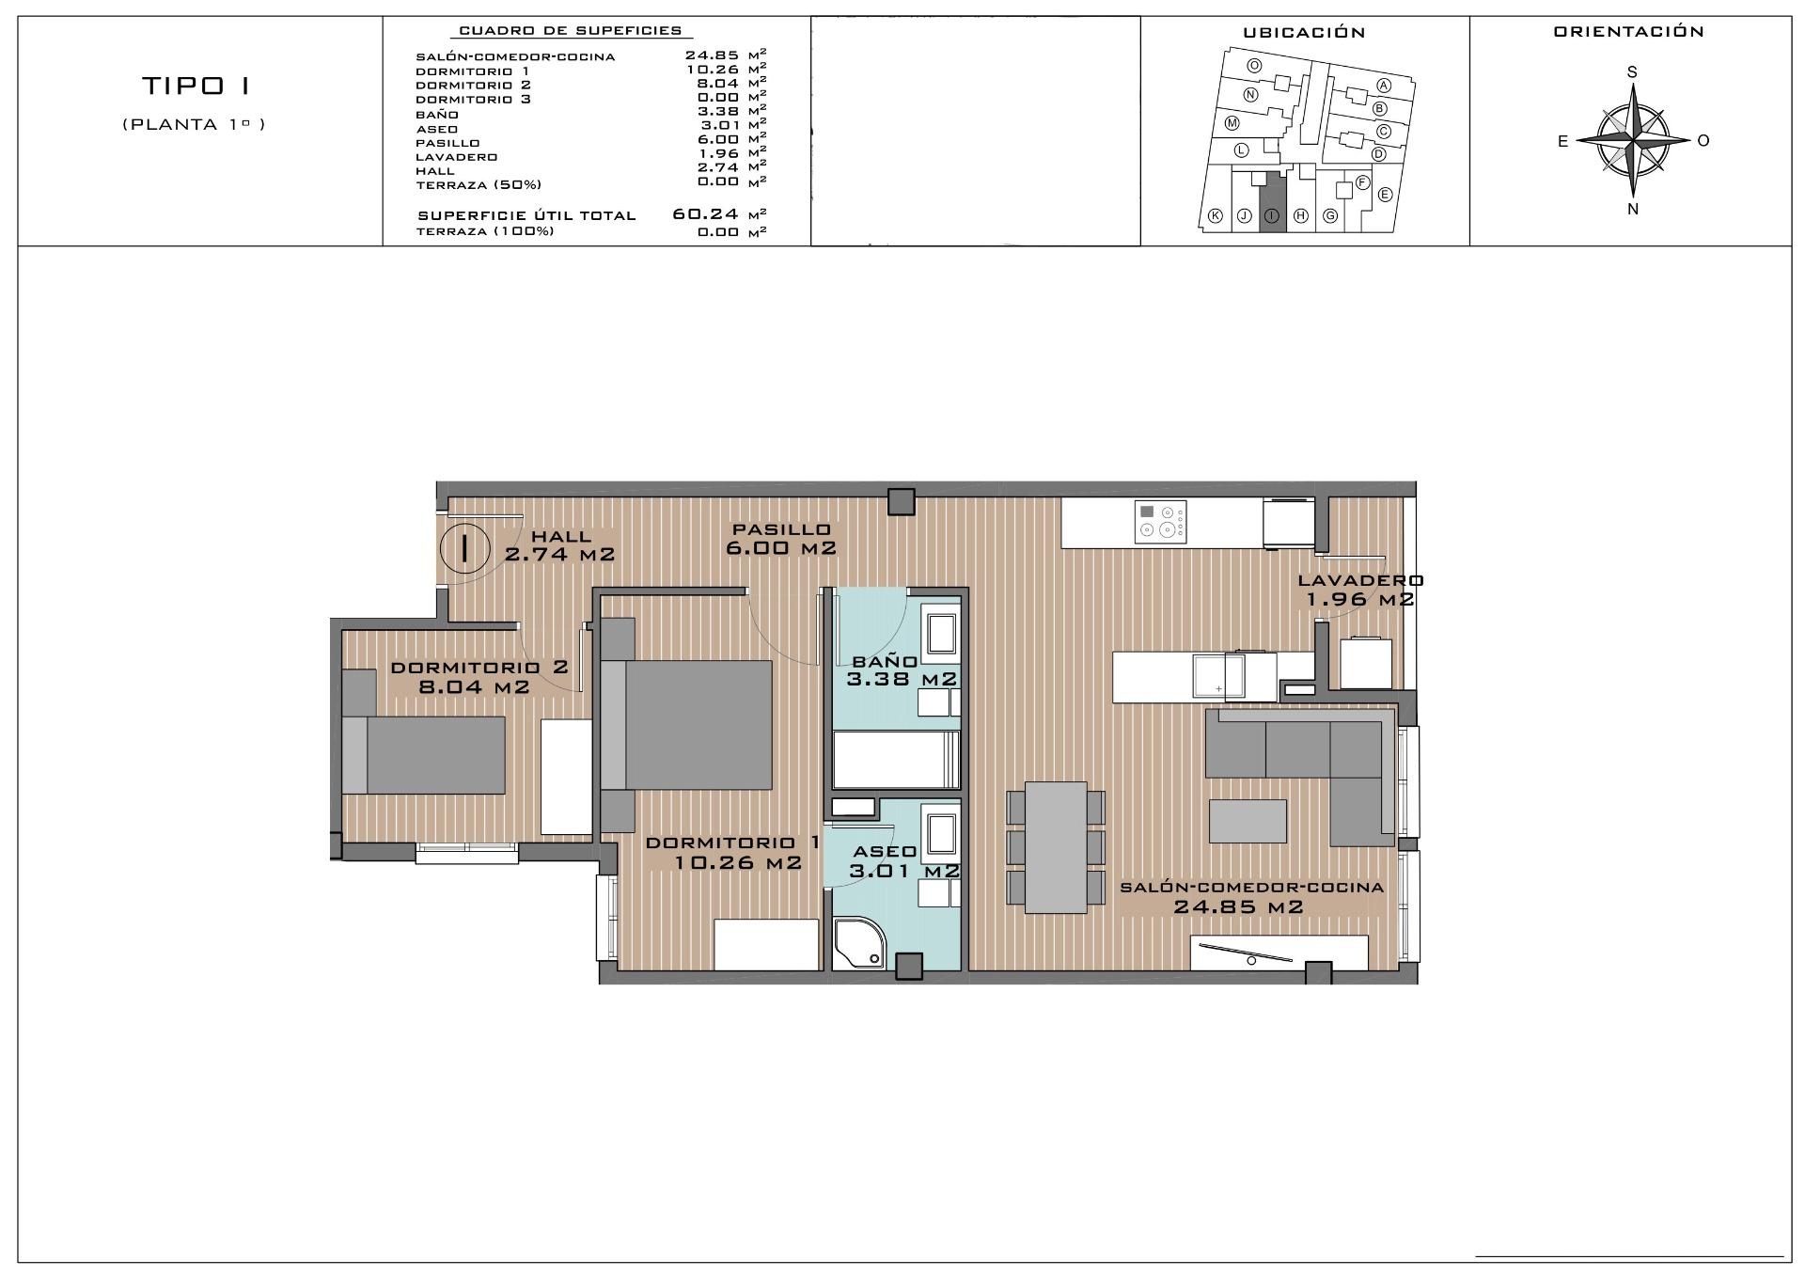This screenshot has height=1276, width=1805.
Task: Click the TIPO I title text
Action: pos(196,87)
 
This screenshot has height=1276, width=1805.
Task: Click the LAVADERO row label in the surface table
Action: pos(457,157)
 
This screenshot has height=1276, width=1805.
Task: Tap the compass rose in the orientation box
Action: pos(1633,141)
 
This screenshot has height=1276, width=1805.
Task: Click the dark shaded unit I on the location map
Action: pos(1272,200)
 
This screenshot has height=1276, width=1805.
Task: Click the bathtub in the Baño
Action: pos(896,760)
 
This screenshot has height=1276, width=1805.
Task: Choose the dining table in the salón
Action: pos(1056,846)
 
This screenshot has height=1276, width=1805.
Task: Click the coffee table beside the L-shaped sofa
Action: pos(1248,821)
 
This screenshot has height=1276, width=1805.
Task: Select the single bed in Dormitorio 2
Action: pos(424,754)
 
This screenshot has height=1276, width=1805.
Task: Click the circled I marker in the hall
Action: pos(464,547)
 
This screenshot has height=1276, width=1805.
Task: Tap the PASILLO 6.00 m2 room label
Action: pos(781,539)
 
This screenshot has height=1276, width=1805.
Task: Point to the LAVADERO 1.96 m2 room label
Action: pos(1360,590)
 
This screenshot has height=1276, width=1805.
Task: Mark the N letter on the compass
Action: pos(1633,210)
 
